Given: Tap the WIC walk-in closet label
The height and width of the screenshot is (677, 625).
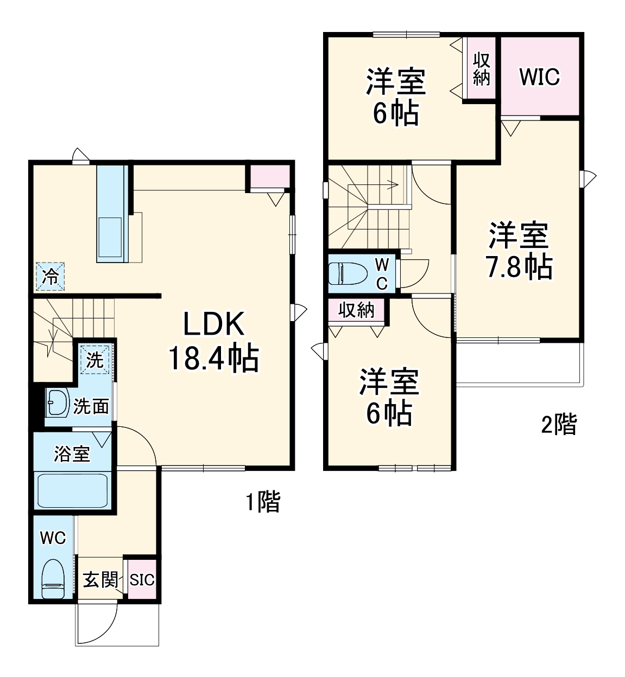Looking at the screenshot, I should coord(539,77).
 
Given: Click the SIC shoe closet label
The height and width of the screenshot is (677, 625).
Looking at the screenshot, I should coord(142,580).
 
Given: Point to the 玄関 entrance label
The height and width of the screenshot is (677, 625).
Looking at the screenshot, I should coord(100,580).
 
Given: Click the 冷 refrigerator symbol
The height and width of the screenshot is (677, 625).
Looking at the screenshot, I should coord(50,276).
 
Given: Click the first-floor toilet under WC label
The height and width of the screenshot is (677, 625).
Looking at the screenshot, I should coord(53,578).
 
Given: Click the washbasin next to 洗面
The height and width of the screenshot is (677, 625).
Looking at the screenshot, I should coord(56,403).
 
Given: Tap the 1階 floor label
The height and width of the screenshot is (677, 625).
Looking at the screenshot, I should coord(263,501).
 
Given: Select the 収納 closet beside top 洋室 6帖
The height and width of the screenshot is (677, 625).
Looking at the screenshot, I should coord(481,69).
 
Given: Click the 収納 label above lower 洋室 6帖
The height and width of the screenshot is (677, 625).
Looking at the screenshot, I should coord(356,311).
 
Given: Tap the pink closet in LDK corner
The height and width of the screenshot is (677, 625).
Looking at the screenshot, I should coord(269,177).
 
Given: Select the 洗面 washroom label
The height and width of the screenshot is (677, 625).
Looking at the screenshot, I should coord(91,406).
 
